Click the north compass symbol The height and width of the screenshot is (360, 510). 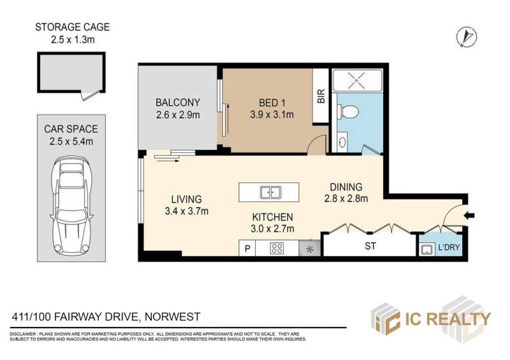coord(466,36)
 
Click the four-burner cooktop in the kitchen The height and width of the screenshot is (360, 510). coord(277,248)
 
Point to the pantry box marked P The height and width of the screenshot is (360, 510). coord(247,248)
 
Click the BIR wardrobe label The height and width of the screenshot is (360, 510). coord(321,96)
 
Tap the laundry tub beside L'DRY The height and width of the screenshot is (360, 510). coord(426,249)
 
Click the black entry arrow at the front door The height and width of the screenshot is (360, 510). coord(470,215)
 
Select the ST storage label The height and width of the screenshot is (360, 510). coord(370,246)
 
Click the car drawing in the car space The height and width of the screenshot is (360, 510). coord(71,206)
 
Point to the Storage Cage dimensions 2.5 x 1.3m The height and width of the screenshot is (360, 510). coord(73,40)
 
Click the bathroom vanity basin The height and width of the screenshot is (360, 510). coord(342,142)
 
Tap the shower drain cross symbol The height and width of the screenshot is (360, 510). coord(357,80)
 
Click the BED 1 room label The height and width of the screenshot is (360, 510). coord(272,103)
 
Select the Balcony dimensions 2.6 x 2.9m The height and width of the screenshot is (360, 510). coord(178,115)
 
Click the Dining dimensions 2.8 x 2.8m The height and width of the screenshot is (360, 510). coord(346,198)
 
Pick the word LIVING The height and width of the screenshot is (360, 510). coord(186,199)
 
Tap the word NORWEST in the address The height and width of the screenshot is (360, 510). coord(172,317)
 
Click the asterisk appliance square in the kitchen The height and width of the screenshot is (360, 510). coord(310,249)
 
